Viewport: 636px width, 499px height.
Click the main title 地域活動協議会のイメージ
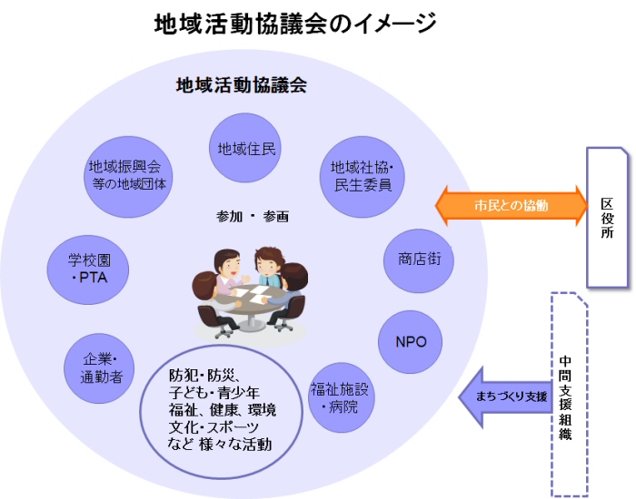(x=294, y=24)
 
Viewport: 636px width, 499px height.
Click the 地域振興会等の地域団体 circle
(x=124, y=175)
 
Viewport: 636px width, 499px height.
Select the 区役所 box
(x=608, y=215)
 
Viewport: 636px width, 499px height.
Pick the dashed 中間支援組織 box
(x=568, y=394)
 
